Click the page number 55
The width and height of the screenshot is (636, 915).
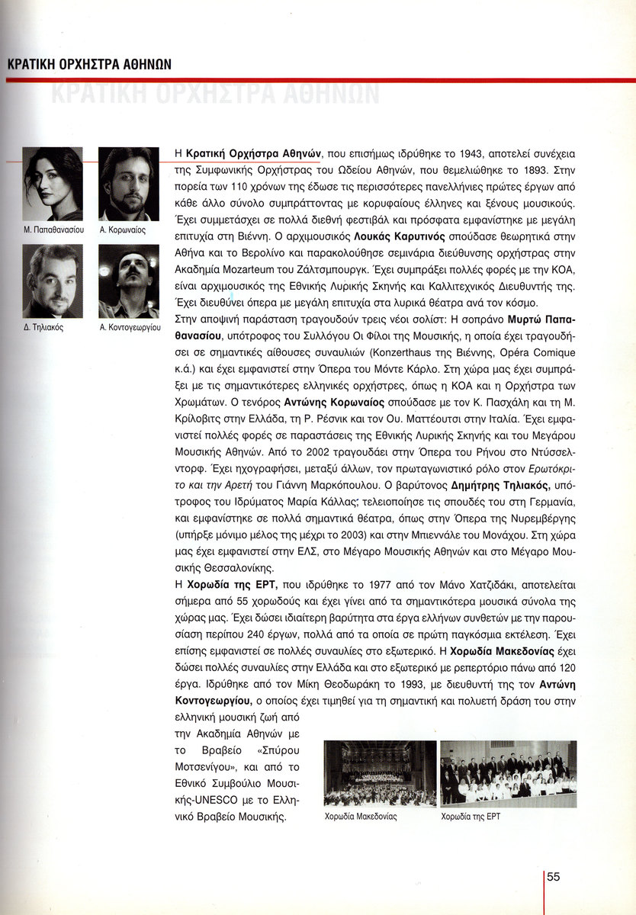pyautogui.click(x=554, y=877)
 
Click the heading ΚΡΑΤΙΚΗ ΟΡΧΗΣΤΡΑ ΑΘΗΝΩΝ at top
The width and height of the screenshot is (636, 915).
pyautogui.click(x=89, y=64)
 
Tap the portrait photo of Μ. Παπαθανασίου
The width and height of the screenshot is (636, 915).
pyautogui.click(x=53, y=183)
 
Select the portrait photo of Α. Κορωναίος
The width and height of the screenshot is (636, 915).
pyautogui.click(x=129, y=183)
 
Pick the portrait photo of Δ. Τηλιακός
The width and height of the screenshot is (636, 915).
pyautogui.click(x=53, y=281)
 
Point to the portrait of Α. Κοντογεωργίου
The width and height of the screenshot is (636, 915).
pyautogui.click(x=129, y=281)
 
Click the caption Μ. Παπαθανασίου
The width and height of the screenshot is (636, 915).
pyautogui.click(x=53, y=229)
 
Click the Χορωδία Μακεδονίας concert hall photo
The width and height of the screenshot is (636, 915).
pyautogui.click(x=380, y=774)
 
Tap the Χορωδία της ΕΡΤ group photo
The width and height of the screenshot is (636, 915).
pyautogui.click(x=509, y=774)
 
